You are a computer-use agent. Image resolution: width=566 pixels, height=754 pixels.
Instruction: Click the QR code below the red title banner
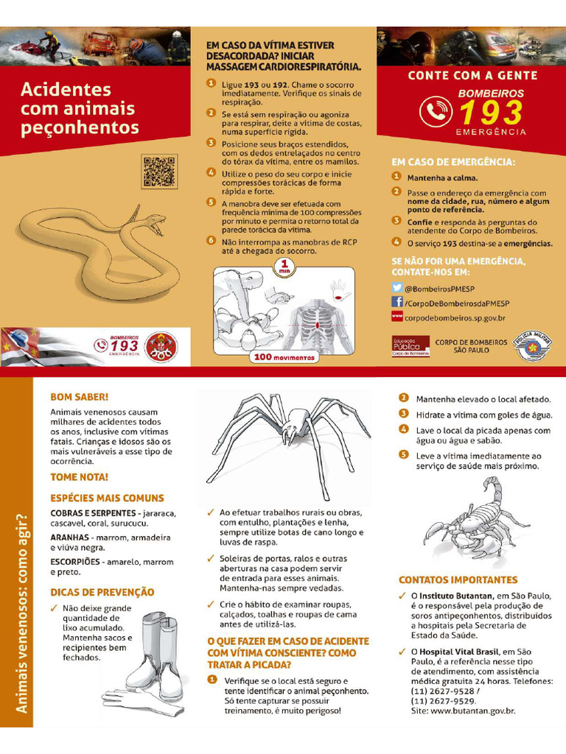pos(160,171)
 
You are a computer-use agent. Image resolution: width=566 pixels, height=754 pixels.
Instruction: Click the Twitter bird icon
pos(397,288)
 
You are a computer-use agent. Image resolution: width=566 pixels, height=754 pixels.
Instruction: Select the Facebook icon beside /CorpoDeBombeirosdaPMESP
pos(397,302)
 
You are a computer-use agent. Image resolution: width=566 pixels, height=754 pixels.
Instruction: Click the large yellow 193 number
pos(491,113)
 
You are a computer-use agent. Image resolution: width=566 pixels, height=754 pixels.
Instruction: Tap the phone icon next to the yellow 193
pos(436,112)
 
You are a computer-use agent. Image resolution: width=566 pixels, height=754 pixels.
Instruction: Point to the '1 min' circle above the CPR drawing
pos(284,267)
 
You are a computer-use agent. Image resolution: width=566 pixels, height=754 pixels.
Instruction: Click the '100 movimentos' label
pos(284,357)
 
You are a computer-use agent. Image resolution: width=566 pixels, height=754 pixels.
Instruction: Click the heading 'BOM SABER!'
pos(80,397)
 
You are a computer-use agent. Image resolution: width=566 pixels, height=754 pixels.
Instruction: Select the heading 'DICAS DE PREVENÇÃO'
pos(102,593)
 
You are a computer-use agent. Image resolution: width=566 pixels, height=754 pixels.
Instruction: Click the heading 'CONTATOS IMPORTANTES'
pos(458,580)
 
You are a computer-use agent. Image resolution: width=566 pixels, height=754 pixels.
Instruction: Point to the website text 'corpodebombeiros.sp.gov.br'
pos(455,318)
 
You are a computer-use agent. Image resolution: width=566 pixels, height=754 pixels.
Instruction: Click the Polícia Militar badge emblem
pos(532,346)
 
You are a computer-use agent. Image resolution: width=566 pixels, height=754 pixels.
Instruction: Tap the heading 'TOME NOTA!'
pos(80,477)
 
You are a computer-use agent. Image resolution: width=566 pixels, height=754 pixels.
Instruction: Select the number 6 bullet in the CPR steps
pos(211,241)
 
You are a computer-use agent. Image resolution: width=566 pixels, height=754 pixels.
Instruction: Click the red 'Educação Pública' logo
pos(410,346)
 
